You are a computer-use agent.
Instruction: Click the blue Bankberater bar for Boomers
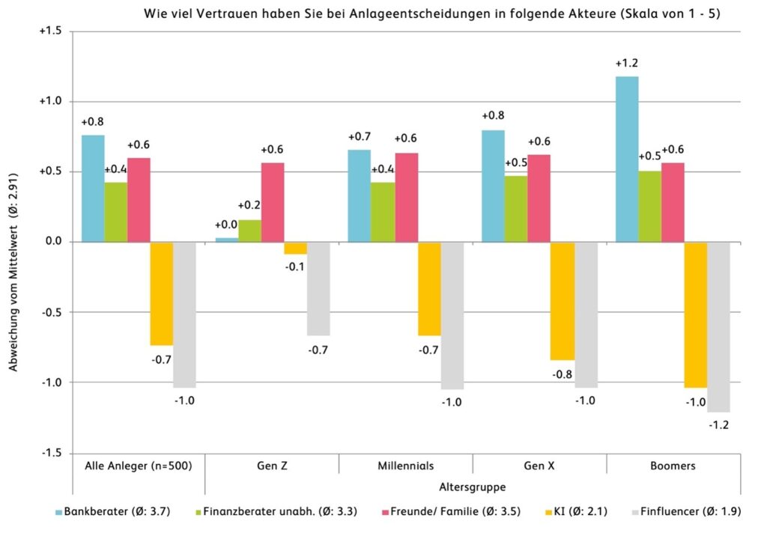coord(627,159)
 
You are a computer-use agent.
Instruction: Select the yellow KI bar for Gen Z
coord(295,248)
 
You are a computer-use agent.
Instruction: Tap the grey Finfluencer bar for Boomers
coord(718,326)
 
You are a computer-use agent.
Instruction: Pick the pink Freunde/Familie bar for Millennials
coord(407,198)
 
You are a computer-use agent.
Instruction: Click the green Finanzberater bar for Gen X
coord(516,209)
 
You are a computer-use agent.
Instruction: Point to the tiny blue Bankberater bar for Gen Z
coord(227,240)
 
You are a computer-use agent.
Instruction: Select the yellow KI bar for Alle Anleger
coord(162,293)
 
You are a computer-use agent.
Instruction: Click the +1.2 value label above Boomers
coord(627,63)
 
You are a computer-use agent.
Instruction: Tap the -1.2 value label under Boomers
coord(718,425)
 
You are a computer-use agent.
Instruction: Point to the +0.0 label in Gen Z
coord(226,225)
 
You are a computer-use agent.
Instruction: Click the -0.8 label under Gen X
coord(562,374)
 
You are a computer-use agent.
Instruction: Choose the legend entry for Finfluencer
coord(686,511)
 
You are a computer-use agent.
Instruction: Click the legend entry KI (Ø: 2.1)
coord(576,511)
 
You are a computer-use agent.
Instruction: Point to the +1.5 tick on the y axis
coord(50,31)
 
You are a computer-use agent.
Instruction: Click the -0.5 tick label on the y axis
coord(52,312)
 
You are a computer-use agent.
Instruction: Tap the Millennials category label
coord(405,466)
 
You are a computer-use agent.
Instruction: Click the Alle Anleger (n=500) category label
coord(139,466)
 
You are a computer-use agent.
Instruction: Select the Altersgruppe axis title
coord(473,487)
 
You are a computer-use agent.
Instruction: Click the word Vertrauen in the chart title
coord(227,13)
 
